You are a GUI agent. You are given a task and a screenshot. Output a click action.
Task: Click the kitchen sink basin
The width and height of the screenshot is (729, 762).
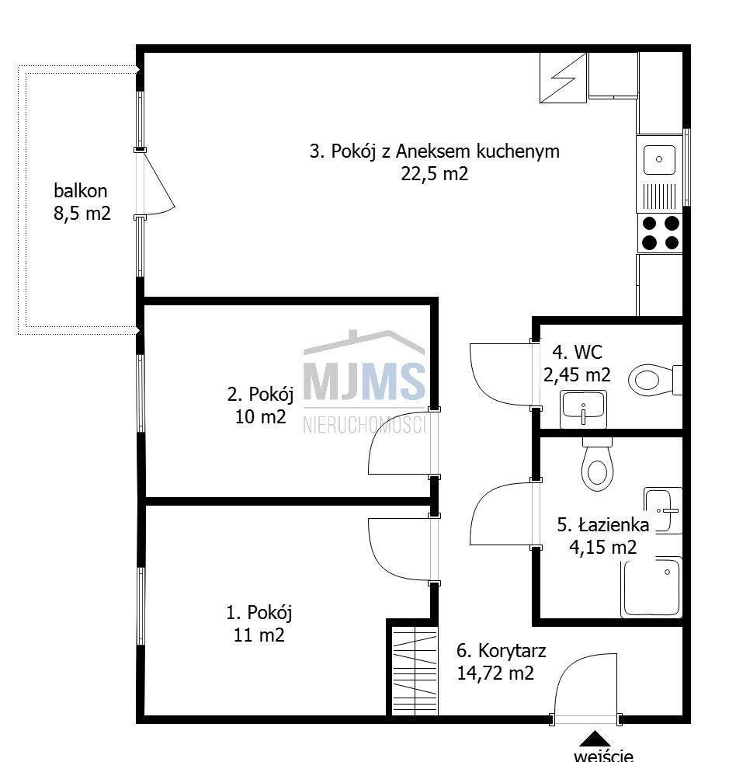[x=659, y=159]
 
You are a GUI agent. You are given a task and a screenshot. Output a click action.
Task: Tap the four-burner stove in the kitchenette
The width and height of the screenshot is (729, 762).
[x=661, y=233]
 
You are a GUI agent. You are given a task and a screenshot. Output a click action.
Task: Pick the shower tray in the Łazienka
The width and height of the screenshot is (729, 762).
[x=652, y=587]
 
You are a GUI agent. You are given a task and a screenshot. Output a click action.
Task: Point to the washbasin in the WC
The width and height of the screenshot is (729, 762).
[x=583, y=409]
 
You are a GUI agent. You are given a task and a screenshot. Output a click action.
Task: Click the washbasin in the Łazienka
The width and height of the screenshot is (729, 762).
[x=664, y=510]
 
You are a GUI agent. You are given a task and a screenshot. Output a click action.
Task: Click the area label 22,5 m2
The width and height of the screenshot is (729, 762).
[x=435, y=174]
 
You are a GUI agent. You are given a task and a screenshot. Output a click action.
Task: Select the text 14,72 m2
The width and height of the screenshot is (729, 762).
[x=495, y=673]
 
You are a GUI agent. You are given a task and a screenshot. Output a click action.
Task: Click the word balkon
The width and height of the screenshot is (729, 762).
[x=81, y=190]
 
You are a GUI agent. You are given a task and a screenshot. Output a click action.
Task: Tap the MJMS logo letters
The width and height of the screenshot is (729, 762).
[x=364, y=381]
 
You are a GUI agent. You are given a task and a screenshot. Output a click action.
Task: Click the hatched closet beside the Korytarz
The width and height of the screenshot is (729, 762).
[x=415, y=670]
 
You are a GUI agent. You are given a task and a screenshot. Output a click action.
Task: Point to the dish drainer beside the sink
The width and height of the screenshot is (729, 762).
[x=660, y=197]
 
